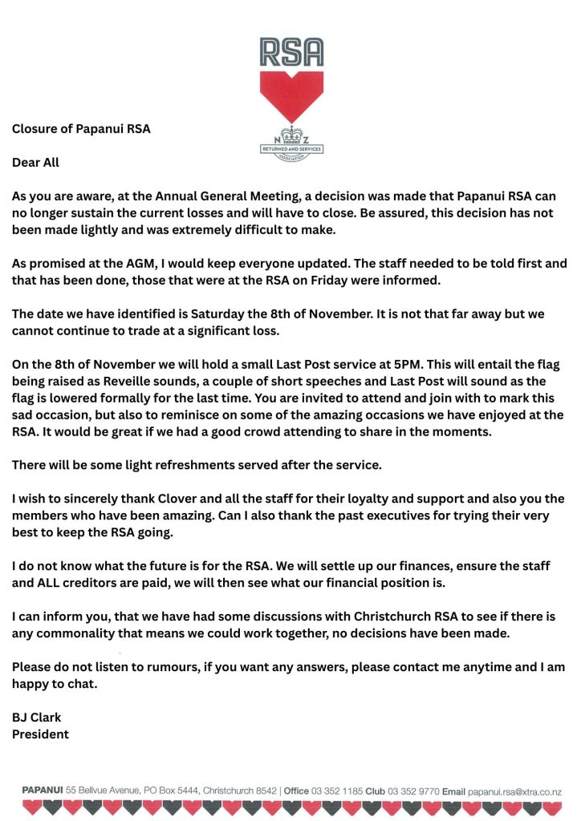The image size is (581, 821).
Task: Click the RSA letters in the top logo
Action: click(290, 52)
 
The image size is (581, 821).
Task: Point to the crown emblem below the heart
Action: click(290, 135)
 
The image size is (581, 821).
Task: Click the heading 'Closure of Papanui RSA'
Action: click(81, 127)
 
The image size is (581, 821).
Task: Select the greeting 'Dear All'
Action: click(35, 163)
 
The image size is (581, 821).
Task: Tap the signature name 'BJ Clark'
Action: click(37, 717)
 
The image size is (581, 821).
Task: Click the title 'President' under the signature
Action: click(40, 734)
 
